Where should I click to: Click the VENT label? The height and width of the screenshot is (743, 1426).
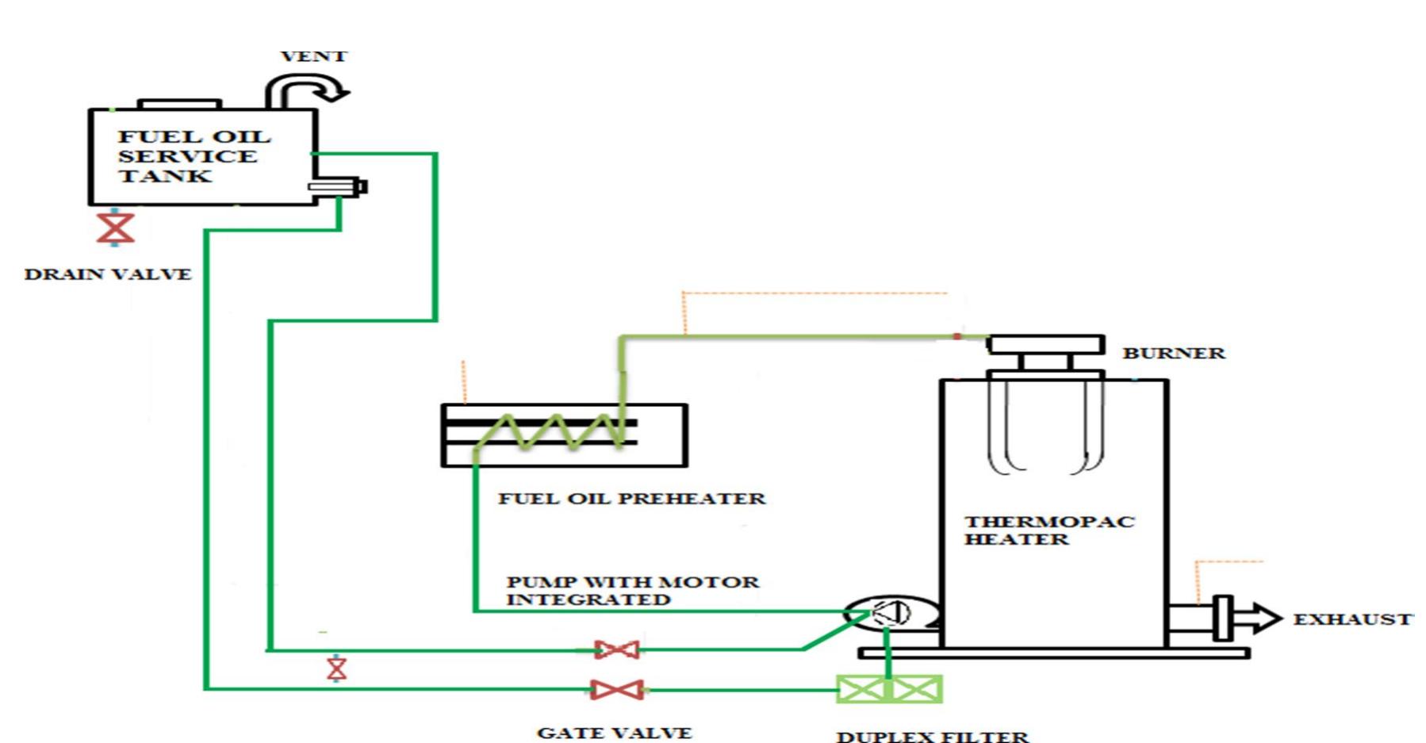313,56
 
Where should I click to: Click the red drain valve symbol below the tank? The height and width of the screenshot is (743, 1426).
115,228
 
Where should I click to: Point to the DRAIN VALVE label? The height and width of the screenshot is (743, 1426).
108,274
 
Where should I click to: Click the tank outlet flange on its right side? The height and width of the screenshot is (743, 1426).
338,187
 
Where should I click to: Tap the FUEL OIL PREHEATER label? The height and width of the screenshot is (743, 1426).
631,499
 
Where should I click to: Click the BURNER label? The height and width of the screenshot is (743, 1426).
1173,353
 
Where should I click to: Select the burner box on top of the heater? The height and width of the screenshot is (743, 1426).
1045,346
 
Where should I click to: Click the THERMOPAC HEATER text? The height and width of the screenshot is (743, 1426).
1048,530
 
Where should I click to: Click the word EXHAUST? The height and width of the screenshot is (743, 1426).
1351,619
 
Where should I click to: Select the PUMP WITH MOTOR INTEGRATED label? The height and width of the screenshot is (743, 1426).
631,591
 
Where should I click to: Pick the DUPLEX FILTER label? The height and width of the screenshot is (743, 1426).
932,736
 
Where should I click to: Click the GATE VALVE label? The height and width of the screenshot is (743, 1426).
614,733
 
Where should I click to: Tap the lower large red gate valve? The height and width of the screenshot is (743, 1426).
616,690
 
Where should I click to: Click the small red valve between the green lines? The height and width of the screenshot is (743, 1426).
337,668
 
